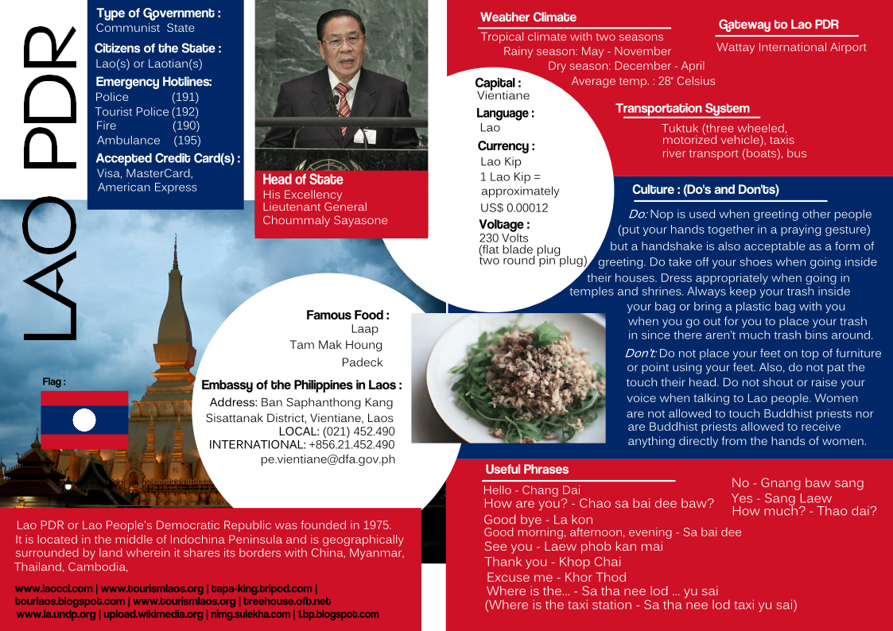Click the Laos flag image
pos(84,420)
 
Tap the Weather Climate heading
pos(528,17)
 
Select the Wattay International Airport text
pos(791,48)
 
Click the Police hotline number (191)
pos(185,97)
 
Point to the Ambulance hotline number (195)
pos(187,140)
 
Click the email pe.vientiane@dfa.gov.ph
pos(328,459)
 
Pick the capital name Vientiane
pos(503,96)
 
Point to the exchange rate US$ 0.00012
pos(514,208)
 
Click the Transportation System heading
pos(682,109)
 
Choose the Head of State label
pos(296,180)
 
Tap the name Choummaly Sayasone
pos(325,221)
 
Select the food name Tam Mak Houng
pos(336,345)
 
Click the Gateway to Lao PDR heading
pos(778,25)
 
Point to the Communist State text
pos(145,28)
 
